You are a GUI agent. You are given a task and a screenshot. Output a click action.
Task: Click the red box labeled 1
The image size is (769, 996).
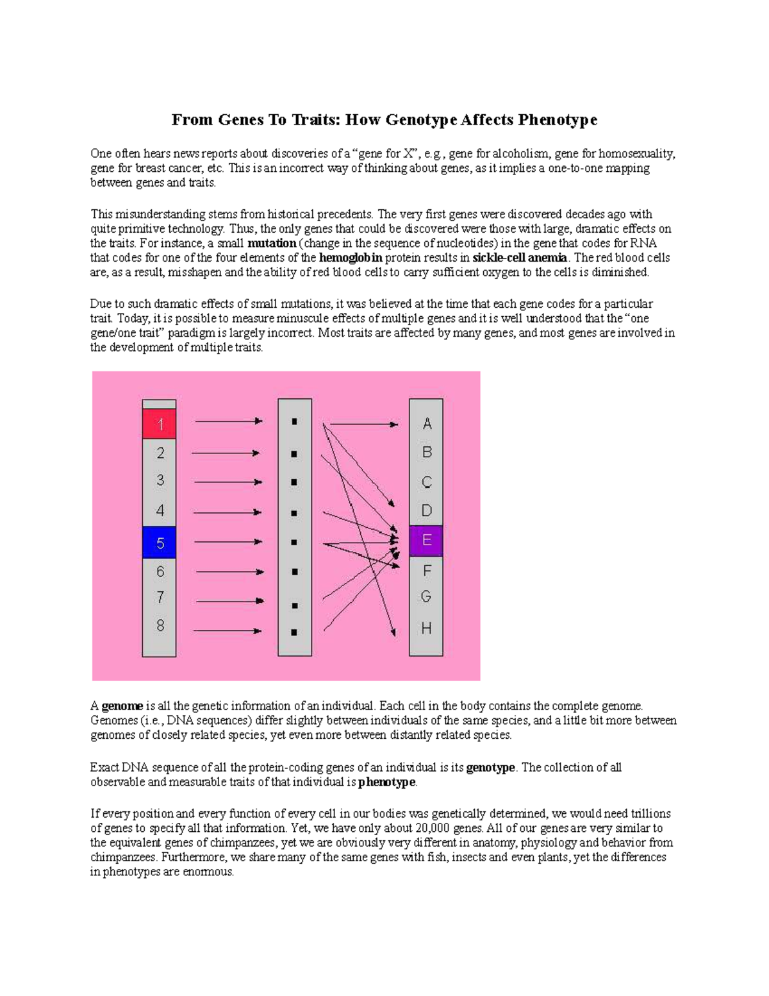(x=159, y=424)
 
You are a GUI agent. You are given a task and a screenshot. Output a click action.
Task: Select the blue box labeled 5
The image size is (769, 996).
(x=159, y=543)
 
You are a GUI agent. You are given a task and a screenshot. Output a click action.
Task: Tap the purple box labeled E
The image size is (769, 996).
(x=426, y=541)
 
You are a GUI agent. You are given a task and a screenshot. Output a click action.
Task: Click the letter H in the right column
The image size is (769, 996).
(x=426, y=628)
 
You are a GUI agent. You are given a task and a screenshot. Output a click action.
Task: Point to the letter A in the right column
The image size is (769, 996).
(x=427, y=424)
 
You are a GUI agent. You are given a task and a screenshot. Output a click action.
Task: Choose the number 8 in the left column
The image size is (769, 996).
(x=160, y=625)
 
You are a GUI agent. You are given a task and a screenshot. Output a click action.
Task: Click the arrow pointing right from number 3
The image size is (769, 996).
(x=227, y=482)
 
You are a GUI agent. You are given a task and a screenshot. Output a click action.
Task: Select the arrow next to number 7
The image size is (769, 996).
(x=229, y=601)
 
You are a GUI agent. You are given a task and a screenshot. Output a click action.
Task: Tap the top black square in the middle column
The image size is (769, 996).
(x=294, y=422)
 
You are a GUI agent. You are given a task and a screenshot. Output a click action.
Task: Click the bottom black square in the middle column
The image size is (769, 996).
(x=294, y=632)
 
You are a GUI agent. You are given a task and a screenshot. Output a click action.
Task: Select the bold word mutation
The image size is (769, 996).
(x=272, y=243)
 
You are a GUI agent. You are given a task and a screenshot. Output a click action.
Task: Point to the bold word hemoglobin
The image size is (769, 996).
(x=351, y=258)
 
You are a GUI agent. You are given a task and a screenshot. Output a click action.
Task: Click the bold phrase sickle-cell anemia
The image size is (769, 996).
(x=520, y=258)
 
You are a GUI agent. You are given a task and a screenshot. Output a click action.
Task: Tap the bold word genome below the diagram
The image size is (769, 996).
(x=122, y=706)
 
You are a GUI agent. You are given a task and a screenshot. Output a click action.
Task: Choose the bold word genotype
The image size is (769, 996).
(x=490, y=768)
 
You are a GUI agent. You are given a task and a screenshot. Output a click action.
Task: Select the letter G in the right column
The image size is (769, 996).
(x=426, y=597)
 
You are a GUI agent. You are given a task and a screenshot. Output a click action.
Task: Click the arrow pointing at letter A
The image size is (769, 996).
(x=363, y=424)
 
